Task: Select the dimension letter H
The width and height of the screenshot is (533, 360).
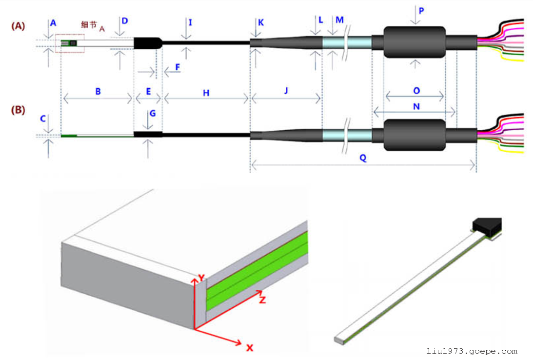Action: pos(206,93)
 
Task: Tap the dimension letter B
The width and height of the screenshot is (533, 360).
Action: pos(98,91)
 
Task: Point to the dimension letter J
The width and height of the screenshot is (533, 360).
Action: pos(286,91)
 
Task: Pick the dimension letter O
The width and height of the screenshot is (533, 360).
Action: pos(416,91)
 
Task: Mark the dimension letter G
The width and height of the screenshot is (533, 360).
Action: pos(153,113)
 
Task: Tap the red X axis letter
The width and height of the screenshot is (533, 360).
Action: pos(250,348)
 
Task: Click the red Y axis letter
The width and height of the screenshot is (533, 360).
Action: pos(199,279)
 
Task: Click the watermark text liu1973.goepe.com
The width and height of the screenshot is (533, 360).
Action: pos(472,351)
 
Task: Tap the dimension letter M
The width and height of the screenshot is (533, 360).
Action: pos(340,20)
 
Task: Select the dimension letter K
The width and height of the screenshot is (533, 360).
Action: pos(261,22)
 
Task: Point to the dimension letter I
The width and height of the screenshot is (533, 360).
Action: pos(190,22)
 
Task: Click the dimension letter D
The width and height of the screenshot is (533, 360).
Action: pos(125,21)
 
